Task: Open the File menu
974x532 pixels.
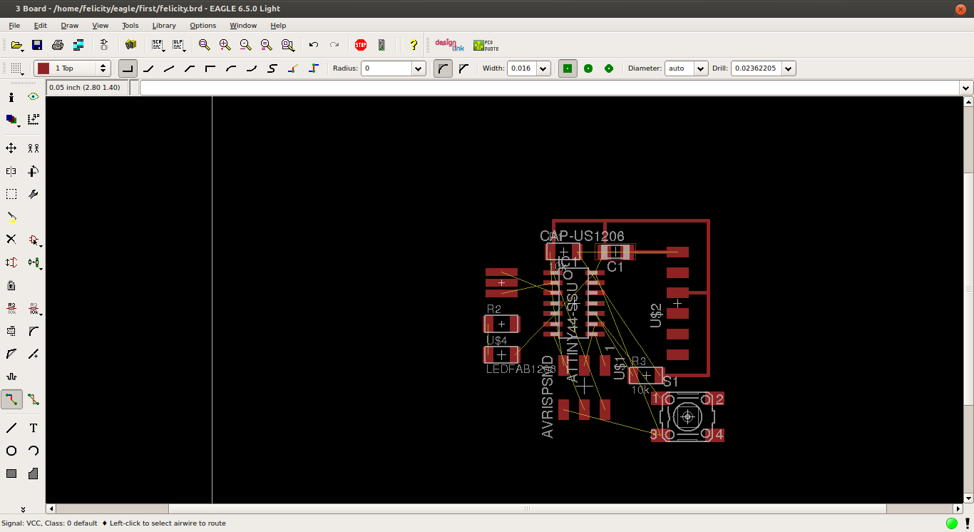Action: [14, 26]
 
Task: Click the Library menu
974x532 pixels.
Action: [164, 26]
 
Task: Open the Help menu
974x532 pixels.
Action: [278, 26]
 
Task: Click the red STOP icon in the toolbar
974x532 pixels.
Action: [361, 45]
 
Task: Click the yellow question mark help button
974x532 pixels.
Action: [414, 45]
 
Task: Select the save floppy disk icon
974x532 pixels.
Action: [37, 45]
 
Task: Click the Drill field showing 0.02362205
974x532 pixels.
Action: [757, 68]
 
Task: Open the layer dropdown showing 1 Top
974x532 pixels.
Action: [73, 68]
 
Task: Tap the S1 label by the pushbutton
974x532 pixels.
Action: [670, 382]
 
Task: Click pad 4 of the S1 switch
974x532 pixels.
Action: [719, 434]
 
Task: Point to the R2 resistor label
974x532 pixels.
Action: [493, 309]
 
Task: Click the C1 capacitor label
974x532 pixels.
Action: [615, 267]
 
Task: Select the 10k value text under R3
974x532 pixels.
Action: [640, 390]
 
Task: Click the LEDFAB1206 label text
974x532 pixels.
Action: [520, 369]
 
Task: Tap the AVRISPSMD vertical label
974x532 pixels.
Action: [548, 397]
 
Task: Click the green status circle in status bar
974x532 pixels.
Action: [952, 523]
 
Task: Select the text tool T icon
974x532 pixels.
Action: [34, 428]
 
